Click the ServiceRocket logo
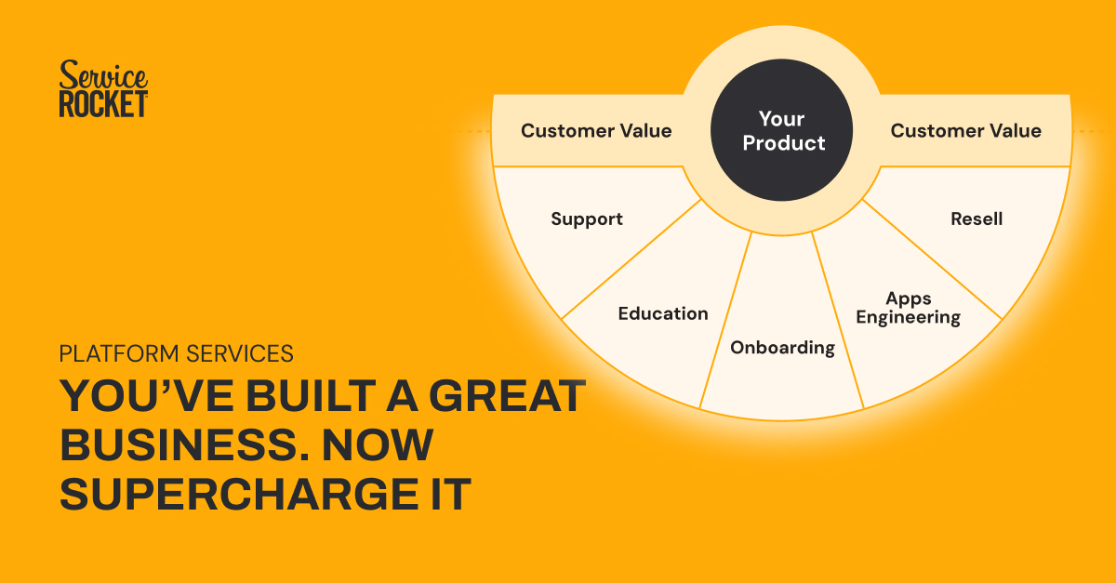[x=103, y=88]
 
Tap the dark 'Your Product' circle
[x=781, y=130]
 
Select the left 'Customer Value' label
[x=596, y=130]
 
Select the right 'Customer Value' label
[x=966, y=130]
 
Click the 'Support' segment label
[x=587, y=219]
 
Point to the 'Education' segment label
[x=663, y=313]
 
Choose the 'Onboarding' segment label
[x=783, y=348]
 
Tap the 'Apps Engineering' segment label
[x=909, y=308]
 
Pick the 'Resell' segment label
[x=976, y=219]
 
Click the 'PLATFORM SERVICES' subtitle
[x=176, y=353]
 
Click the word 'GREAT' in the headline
[x=507, y=396]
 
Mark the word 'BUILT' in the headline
[x=311, y=396]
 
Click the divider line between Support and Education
[x=631, y=259]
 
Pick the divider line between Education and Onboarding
[x=725, y=321]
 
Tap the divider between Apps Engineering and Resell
[x=932, y=259]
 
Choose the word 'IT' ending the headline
[x=451, y=494]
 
